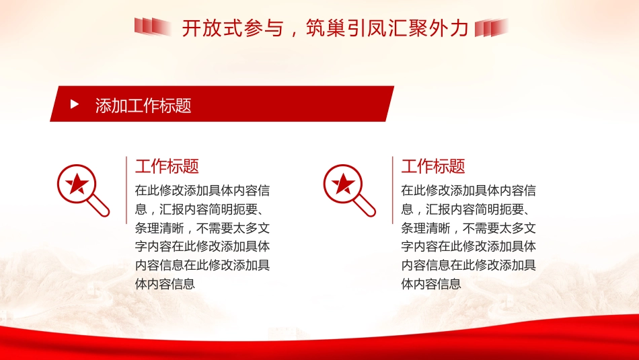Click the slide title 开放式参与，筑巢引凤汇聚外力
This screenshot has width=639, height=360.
[x=324, y=28]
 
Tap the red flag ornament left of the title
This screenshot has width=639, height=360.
[x=153, y=27]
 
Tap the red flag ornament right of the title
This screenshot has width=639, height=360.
[x=491, y=28]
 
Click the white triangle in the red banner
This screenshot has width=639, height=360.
[x=75, y=105]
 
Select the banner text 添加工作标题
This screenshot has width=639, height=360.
[x=143, y=106]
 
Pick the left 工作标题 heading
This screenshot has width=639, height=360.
[x=167, y=166]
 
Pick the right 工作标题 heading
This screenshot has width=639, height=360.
[x=433, y=166]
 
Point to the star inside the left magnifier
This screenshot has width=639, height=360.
[x=76, y=182]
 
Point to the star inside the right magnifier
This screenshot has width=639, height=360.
[x=342, y=182]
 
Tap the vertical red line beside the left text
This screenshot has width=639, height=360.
[x=126, y=190]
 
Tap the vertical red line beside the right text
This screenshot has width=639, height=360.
[x=392, y=190]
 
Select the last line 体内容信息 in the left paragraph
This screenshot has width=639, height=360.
[x=165, y=284]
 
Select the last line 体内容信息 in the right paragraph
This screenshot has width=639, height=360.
[x=431, y=284]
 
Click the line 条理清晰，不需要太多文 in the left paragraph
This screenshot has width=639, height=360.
[x=202, y=227]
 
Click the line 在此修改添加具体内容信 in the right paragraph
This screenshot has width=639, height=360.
[x=469, y=190]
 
